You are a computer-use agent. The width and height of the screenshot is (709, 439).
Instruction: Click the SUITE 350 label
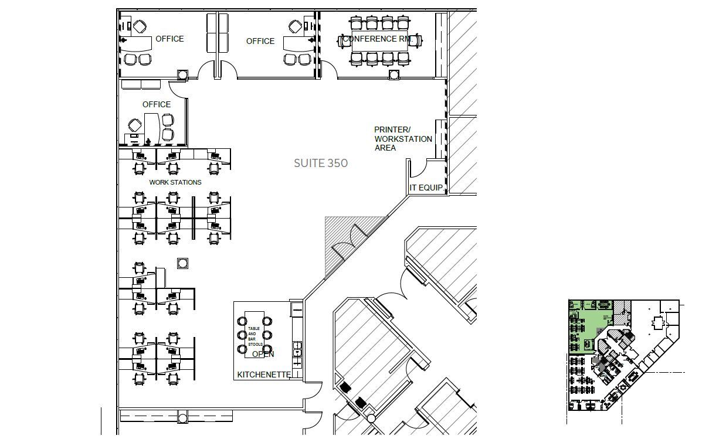click(x=320, y=163)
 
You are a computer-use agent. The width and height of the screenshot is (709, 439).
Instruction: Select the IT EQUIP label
click(x=426, y=188)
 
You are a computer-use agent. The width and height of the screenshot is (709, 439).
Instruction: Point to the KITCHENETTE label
click(x=263, y=375)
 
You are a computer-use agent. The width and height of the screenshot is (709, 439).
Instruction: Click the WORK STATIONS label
click(x=175, y=182)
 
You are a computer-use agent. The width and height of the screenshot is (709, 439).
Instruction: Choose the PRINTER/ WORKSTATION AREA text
click(x=403, y=139)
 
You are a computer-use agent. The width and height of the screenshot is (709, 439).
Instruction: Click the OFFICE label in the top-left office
click(x=169, y=39)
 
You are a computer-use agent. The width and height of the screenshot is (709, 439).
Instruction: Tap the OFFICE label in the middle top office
click(x=260, y=41)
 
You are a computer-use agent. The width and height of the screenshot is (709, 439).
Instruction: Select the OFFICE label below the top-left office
click(x=157, y=104)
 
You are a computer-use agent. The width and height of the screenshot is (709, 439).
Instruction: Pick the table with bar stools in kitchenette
click(x=255, y=336)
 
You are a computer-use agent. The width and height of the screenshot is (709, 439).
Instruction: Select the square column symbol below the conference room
click(x=394, y=74)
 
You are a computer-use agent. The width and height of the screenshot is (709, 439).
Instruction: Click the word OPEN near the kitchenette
click(x=263, y=354)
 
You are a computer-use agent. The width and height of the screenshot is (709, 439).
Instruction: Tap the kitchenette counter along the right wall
click(x=297, y=340)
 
